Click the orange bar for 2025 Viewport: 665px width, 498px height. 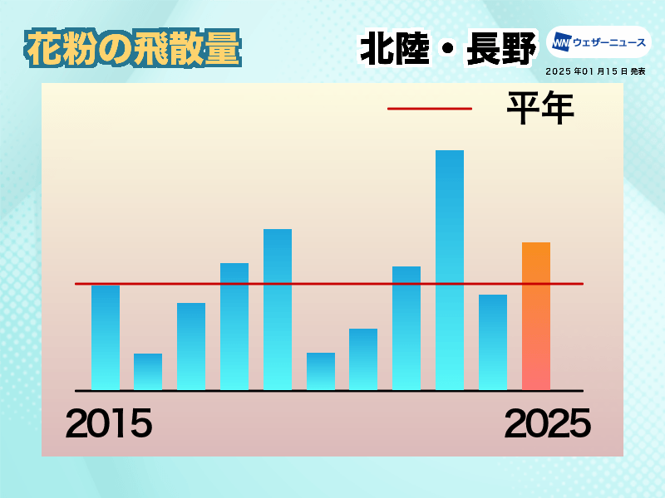[536, 316]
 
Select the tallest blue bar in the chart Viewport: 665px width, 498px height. [450, 271]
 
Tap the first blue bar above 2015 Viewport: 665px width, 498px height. [106, 338]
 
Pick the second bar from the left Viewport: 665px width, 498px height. [148, 372]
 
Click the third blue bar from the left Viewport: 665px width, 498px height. [191, 346]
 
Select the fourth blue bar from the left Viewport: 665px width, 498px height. [234, 326]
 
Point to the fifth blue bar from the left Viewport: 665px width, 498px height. [278, 310]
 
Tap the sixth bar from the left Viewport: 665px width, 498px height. [321, 371]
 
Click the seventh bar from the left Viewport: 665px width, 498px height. [363, 359]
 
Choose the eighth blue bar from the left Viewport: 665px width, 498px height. [406, 328]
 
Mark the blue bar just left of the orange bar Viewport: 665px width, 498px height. [493, 342]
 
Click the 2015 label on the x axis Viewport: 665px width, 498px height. [109, 423]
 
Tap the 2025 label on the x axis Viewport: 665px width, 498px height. [548, 423]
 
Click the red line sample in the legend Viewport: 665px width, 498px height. [430, 109]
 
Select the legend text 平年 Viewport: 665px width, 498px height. [541, 108]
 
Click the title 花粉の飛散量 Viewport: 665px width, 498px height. [133, 48]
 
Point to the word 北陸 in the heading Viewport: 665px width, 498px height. [395, 49]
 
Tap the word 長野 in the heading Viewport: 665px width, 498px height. [501, 49]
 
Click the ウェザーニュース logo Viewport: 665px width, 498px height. [598, 42]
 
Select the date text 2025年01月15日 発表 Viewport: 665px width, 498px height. [595, 71]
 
